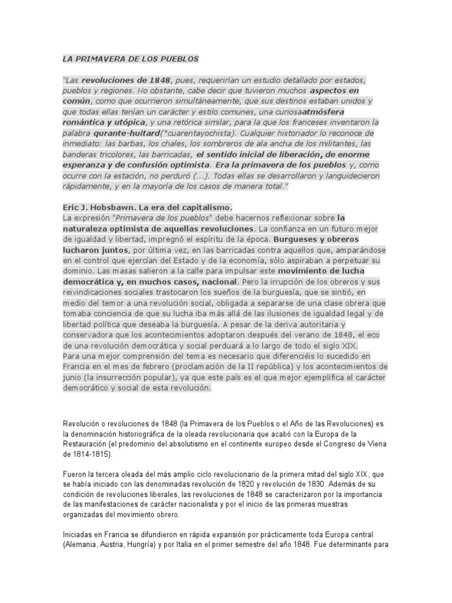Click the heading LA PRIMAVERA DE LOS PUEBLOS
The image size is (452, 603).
(131, 59)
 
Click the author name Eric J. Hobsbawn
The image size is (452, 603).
(104, 207)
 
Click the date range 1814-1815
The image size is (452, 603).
(88, 455)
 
